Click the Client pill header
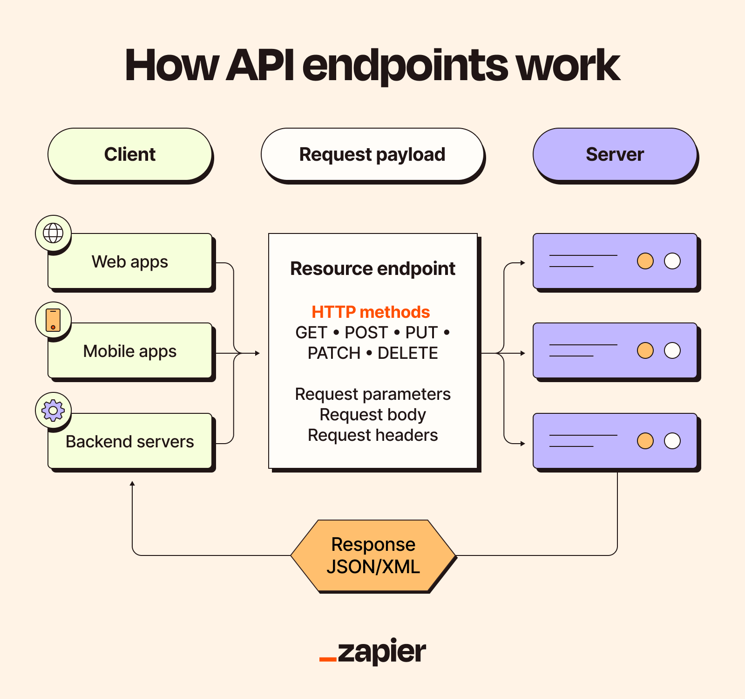pos(130,154)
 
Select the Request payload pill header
pos(372,154)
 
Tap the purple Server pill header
pos(615,154)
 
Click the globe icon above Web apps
pos(53,233)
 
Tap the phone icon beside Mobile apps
pos(53,320)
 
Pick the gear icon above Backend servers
pos(53,411)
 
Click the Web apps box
pos(130,262)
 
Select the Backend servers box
pos(130,441)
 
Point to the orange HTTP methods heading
pos(371,312)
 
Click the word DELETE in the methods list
pos(407,353)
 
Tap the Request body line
pos(372,415)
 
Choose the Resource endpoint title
pos(372,269)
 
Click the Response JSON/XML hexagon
pos(373,555)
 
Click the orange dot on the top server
pos(645,261)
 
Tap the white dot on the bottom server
pos(672,441)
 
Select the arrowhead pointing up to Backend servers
pos(132,484)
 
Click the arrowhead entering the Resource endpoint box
pos(257,353)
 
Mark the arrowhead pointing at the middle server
pos(523,353)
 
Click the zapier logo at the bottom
pos(372,651)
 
